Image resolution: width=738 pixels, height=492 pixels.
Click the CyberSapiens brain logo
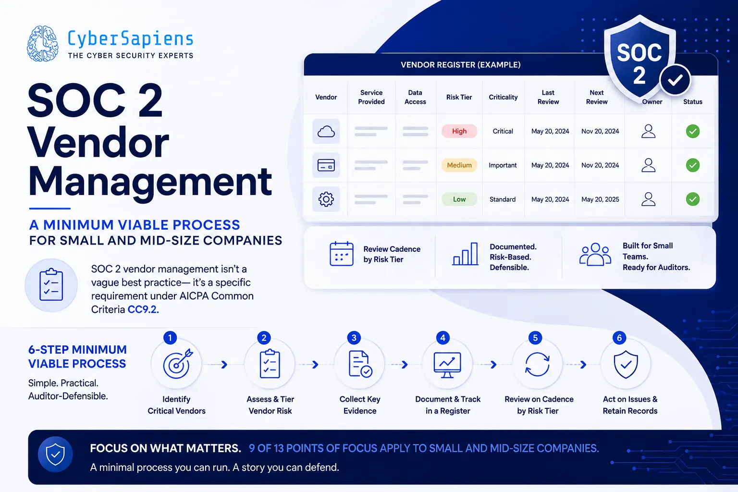tap(43, 44)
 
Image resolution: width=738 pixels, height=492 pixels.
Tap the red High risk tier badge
tap(459, 131)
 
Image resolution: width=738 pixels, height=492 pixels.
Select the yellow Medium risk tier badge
tap(459, 165)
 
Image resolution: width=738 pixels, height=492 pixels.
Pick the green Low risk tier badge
tap(459, 199)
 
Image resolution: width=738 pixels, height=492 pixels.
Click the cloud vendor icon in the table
tap(326, 131)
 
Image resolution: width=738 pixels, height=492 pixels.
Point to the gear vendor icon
tap(326, 199)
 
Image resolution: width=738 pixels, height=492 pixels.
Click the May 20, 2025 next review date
tap(600, 199)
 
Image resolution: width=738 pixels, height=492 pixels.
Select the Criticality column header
tap(503, 97)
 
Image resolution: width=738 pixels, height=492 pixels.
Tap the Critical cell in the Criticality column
tap(503, 131)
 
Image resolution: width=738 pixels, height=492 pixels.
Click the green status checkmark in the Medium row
tap(692, 165)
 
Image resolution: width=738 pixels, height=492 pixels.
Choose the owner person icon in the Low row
tap(648, 199)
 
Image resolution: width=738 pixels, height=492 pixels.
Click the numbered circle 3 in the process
tap(354, 338)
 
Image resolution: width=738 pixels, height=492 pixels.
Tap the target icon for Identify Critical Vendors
tap(177, 364)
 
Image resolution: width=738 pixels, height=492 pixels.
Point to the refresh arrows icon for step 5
tap(537, 364)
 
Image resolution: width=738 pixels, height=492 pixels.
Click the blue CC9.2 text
tap(143, 309)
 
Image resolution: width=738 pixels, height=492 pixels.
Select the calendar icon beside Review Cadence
tap(341, 254)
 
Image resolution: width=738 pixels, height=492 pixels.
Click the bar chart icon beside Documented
tap(465, 254)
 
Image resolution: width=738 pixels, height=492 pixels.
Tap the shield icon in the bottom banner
tap(55, 454)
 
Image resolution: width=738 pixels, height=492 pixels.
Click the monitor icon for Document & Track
tap(447, 365)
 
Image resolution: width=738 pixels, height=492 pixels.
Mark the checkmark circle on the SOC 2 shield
tap(675, 80)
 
